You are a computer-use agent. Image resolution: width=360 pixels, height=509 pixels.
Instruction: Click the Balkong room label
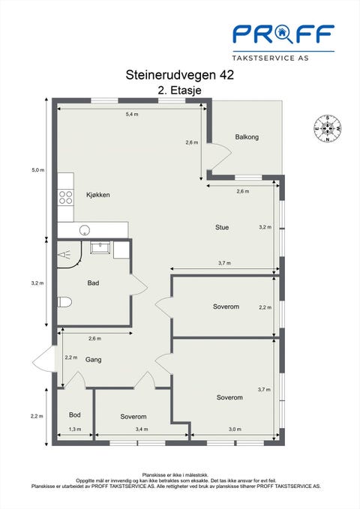tap(247, 137)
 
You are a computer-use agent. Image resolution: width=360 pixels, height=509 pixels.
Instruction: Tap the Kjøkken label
tap(97, 195)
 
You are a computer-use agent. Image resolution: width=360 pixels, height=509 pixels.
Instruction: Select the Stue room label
tap(222, 227)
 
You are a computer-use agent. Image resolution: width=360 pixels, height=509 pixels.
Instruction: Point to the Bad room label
tap(93, 283)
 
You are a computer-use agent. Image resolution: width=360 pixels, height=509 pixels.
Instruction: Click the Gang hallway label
tap(93, 360)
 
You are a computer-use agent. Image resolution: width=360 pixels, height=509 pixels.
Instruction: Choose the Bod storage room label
tap(75, 415)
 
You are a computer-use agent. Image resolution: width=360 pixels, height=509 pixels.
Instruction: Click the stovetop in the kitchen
tap(65, 197)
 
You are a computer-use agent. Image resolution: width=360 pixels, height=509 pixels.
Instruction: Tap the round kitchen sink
tap(85, 230)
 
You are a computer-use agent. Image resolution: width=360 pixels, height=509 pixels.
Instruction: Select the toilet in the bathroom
tap(64, 302)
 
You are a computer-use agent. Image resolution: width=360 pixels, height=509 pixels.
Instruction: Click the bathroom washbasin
tap(100, 247)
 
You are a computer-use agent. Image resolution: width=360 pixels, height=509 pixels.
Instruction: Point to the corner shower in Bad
tap(69, 254)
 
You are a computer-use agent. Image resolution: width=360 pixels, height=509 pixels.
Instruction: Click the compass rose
tap(328, 128)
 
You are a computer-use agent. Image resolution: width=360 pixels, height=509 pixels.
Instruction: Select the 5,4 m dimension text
tap(131, 114)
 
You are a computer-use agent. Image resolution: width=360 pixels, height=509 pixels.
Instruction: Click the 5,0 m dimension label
tap(37, 169)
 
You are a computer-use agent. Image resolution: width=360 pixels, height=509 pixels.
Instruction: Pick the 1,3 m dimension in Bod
tap(75, 429)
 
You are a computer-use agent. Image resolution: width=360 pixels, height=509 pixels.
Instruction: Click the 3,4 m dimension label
tap(142, 429)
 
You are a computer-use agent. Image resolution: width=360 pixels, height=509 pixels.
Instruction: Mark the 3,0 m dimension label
tap(235, 429)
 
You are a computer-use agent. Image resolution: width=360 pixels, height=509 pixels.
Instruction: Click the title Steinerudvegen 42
tap(180, 75)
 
